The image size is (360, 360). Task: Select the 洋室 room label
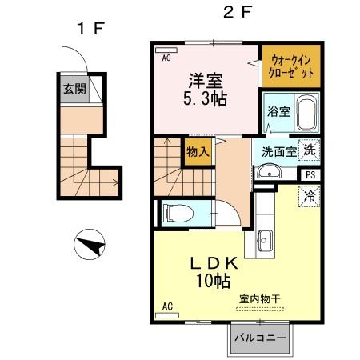click(206, 81)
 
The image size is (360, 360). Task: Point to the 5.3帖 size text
click(206, 101)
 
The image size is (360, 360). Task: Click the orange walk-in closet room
click(291, 66)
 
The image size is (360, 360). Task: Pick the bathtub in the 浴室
click(306, 113)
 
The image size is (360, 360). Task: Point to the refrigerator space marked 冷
click(309, 196)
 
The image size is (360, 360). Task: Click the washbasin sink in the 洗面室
click(267, 170)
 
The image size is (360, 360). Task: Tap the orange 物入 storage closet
click(198, 150)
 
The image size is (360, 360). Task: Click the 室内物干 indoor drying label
click(259, 298)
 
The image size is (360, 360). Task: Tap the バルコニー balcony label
click(262, 338)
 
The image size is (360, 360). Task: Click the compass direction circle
click(90, 244)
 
